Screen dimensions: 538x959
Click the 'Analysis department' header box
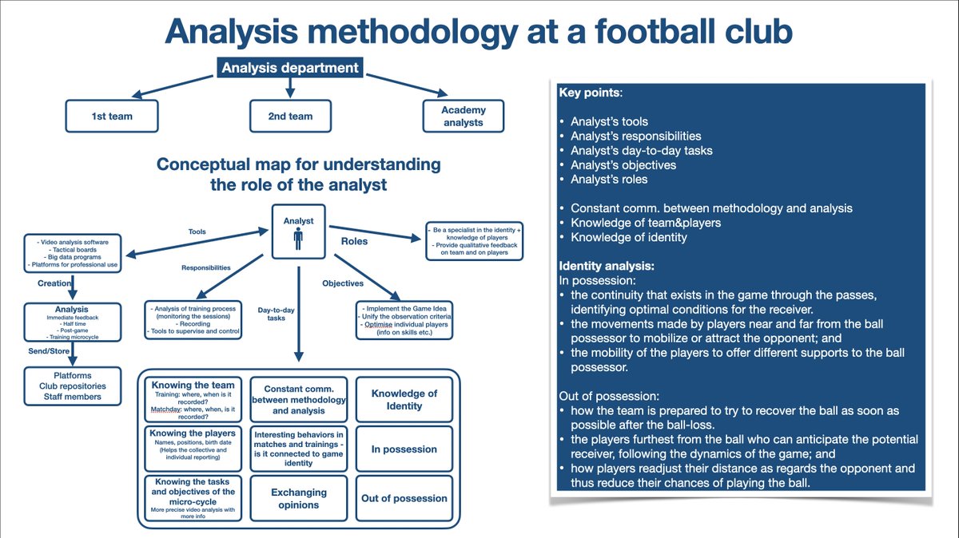(289, 68)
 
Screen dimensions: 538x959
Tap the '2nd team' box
(290, 116)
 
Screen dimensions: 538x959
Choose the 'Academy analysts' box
(463, 116)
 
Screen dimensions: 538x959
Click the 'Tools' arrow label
(197, 231)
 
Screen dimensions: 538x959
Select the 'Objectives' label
(343, 283)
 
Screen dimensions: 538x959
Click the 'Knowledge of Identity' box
(404, 399)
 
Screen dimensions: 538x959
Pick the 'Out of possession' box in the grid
(404, 498)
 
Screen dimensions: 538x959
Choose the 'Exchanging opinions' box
(298, 498)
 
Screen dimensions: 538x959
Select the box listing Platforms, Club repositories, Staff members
(74, 386)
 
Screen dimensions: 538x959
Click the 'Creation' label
(55, 283)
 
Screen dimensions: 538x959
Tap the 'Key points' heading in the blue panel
(590, 93)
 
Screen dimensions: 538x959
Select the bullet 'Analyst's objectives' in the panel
(623, 164)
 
